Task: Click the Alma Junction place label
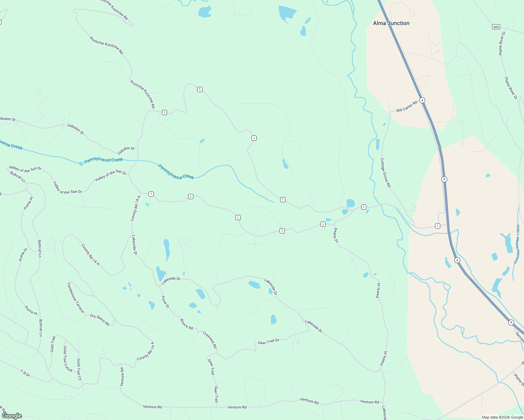click(391, 23)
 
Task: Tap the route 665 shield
click(496, 27)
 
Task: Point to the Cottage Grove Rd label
click(385, 172)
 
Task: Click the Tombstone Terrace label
click(76, 297)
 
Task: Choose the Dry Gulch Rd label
click(100, 320)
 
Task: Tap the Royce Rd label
click(186, 324)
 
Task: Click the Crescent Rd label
click(210, 339)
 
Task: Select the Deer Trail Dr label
click(269, 341)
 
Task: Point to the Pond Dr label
click(165, 302)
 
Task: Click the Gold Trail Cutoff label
click(67, 359)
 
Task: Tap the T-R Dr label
click(25, 373)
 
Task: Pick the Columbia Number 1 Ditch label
click(517, 244)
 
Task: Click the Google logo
click(12, 416)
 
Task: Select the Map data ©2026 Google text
click(502, 417)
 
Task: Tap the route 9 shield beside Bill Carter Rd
click(422, 100)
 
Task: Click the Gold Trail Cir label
click(79, 370)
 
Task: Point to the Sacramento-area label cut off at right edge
click(519, 337)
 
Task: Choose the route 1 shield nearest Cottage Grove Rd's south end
click(437, 226)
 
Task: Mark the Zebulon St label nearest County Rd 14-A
click(126, 151)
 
